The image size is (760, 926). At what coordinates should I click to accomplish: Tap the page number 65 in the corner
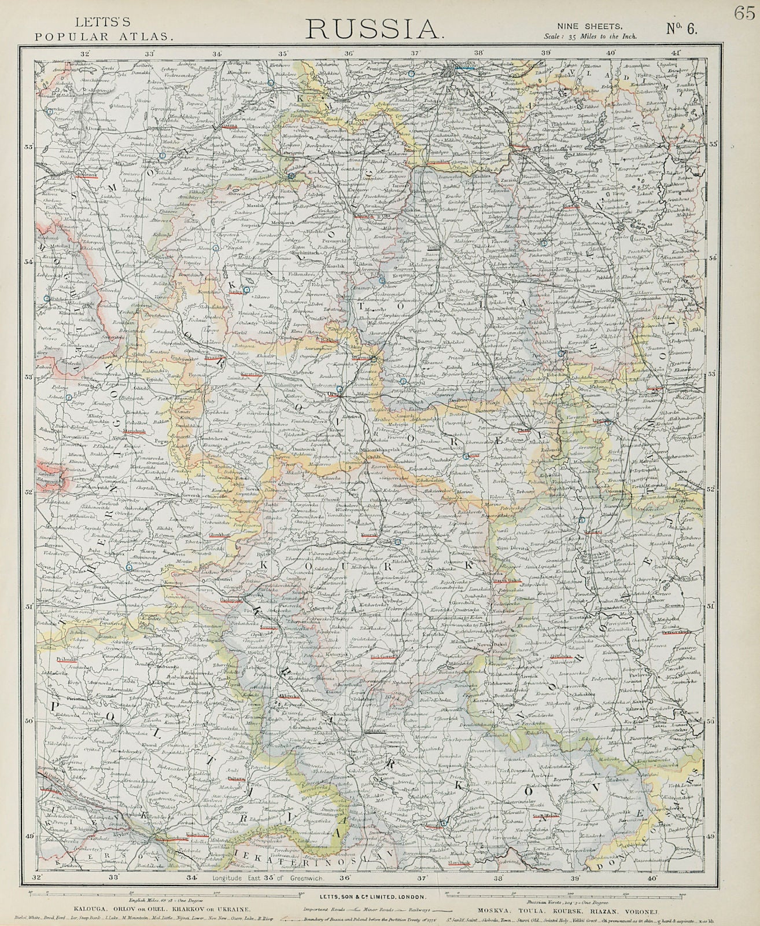point(743,14)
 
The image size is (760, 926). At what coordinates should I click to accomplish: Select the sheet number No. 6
point(682,28)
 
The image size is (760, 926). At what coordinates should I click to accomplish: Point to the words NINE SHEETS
point(589,25)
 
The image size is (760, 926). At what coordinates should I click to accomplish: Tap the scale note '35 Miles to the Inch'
point(591,36)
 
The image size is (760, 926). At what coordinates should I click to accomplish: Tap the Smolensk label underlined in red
point(81,173)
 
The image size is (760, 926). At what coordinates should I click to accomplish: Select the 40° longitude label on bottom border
point(652,877)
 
